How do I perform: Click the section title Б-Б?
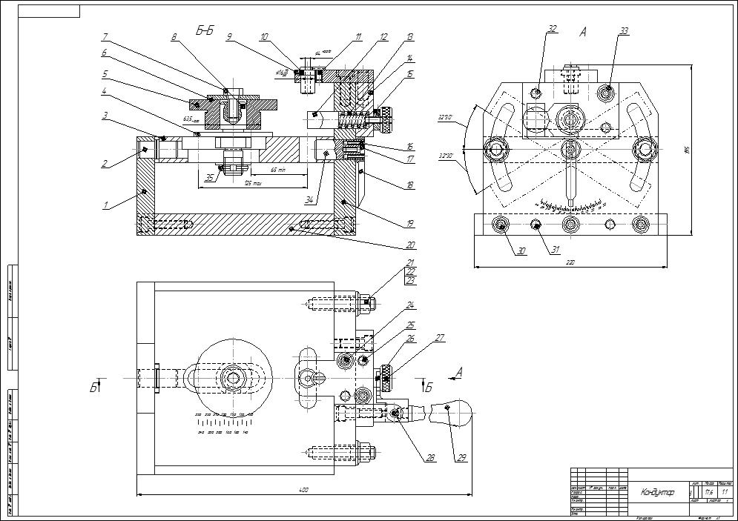(x=205, y=31)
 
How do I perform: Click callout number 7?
(x=105, y=36)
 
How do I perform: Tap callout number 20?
(x=410, y=245)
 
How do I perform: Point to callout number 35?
(x=209, y=177)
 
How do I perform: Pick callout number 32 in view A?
(x=552, y=30)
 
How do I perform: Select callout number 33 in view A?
(x=624, y=30)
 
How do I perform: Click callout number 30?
(x=521, y=251)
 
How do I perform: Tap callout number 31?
(x=554, y=250)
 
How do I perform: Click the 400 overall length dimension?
(x=303, y=489)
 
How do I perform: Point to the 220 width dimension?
(x=570, y=262)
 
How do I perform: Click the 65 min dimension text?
(x=278, y=170)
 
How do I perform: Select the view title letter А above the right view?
(x=582, y=33)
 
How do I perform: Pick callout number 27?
(x=441, y=337)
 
